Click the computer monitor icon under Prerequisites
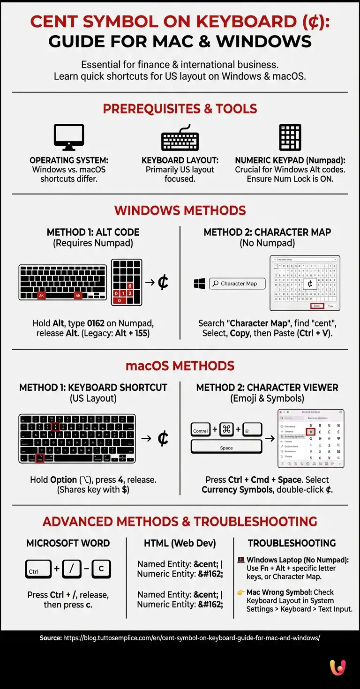point(69,137)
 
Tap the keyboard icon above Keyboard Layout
point(180,137)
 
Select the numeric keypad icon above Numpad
point(290,137)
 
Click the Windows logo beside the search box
point(199,284)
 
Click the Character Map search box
point(237,284)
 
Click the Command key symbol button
point(227,430)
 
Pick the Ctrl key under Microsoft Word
point(38,569)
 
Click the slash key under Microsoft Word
point(72,569)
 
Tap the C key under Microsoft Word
point(101,569)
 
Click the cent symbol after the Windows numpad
point(163,282)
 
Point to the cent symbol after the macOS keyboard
point(163,438)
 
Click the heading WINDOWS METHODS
point(180,210)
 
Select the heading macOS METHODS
point(180,366)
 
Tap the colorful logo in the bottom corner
point(337,667)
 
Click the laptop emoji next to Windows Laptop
point(241,560)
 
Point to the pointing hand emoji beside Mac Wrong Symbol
point(241,592)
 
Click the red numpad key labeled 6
point(130,286)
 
